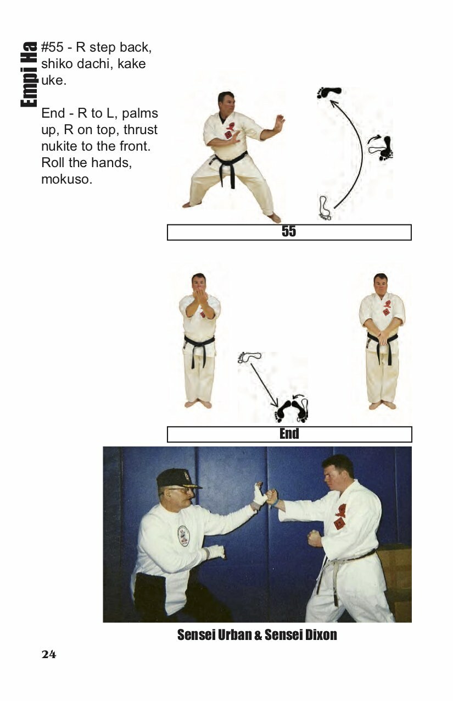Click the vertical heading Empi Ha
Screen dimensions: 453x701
(x=29, y=74)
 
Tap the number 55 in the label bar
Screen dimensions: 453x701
(x=289, y=231)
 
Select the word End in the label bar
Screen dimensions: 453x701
(x=289, y=434)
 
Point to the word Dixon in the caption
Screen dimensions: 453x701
(x=321, y=634)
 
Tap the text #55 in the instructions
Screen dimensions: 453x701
(x=52, y=48)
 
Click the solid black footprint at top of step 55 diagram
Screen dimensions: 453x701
(x=329, y=92)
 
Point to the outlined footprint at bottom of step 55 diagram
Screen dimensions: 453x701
(x=325, y=208)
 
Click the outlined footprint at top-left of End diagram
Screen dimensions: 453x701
(x=249, y=356)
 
